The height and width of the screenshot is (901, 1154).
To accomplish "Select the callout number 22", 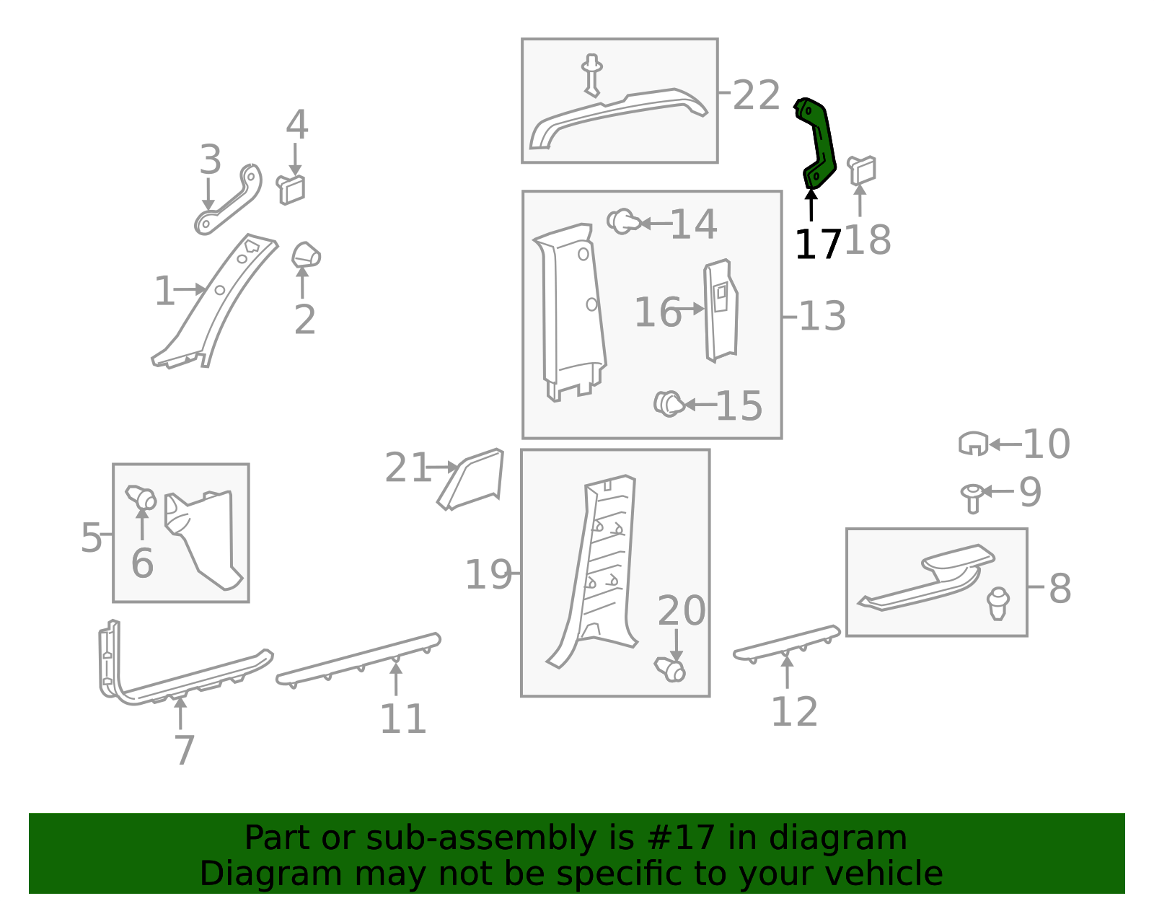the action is tap(757, 95).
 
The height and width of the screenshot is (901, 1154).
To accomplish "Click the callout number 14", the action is tap(694, 224).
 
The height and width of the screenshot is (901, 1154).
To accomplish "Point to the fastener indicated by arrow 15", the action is tap(669, 403).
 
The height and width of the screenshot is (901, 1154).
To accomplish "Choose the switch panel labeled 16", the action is tap(721, 311).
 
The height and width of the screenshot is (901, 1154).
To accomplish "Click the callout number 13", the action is tap(822, 317).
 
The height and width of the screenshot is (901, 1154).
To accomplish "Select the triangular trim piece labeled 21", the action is tap(470, 480).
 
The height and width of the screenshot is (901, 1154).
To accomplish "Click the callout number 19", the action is tap(488, 574).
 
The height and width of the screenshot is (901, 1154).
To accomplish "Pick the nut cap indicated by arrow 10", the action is tap(974, 444).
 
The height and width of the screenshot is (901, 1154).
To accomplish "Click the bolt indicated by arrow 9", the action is tap(972, 498).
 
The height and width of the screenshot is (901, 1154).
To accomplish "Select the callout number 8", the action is tap(1060, 588).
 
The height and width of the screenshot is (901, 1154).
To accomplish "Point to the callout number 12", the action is tap(795, 711).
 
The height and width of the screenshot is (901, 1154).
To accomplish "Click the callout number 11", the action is tap(403, 719).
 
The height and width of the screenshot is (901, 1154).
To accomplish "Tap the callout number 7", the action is tap(185, 750).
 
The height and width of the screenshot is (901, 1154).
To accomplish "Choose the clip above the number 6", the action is tap(141, 497).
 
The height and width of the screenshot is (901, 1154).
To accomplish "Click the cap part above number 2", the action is tap(306, 255).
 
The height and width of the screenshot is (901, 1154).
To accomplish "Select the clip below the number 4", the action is tap(291, 189).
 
